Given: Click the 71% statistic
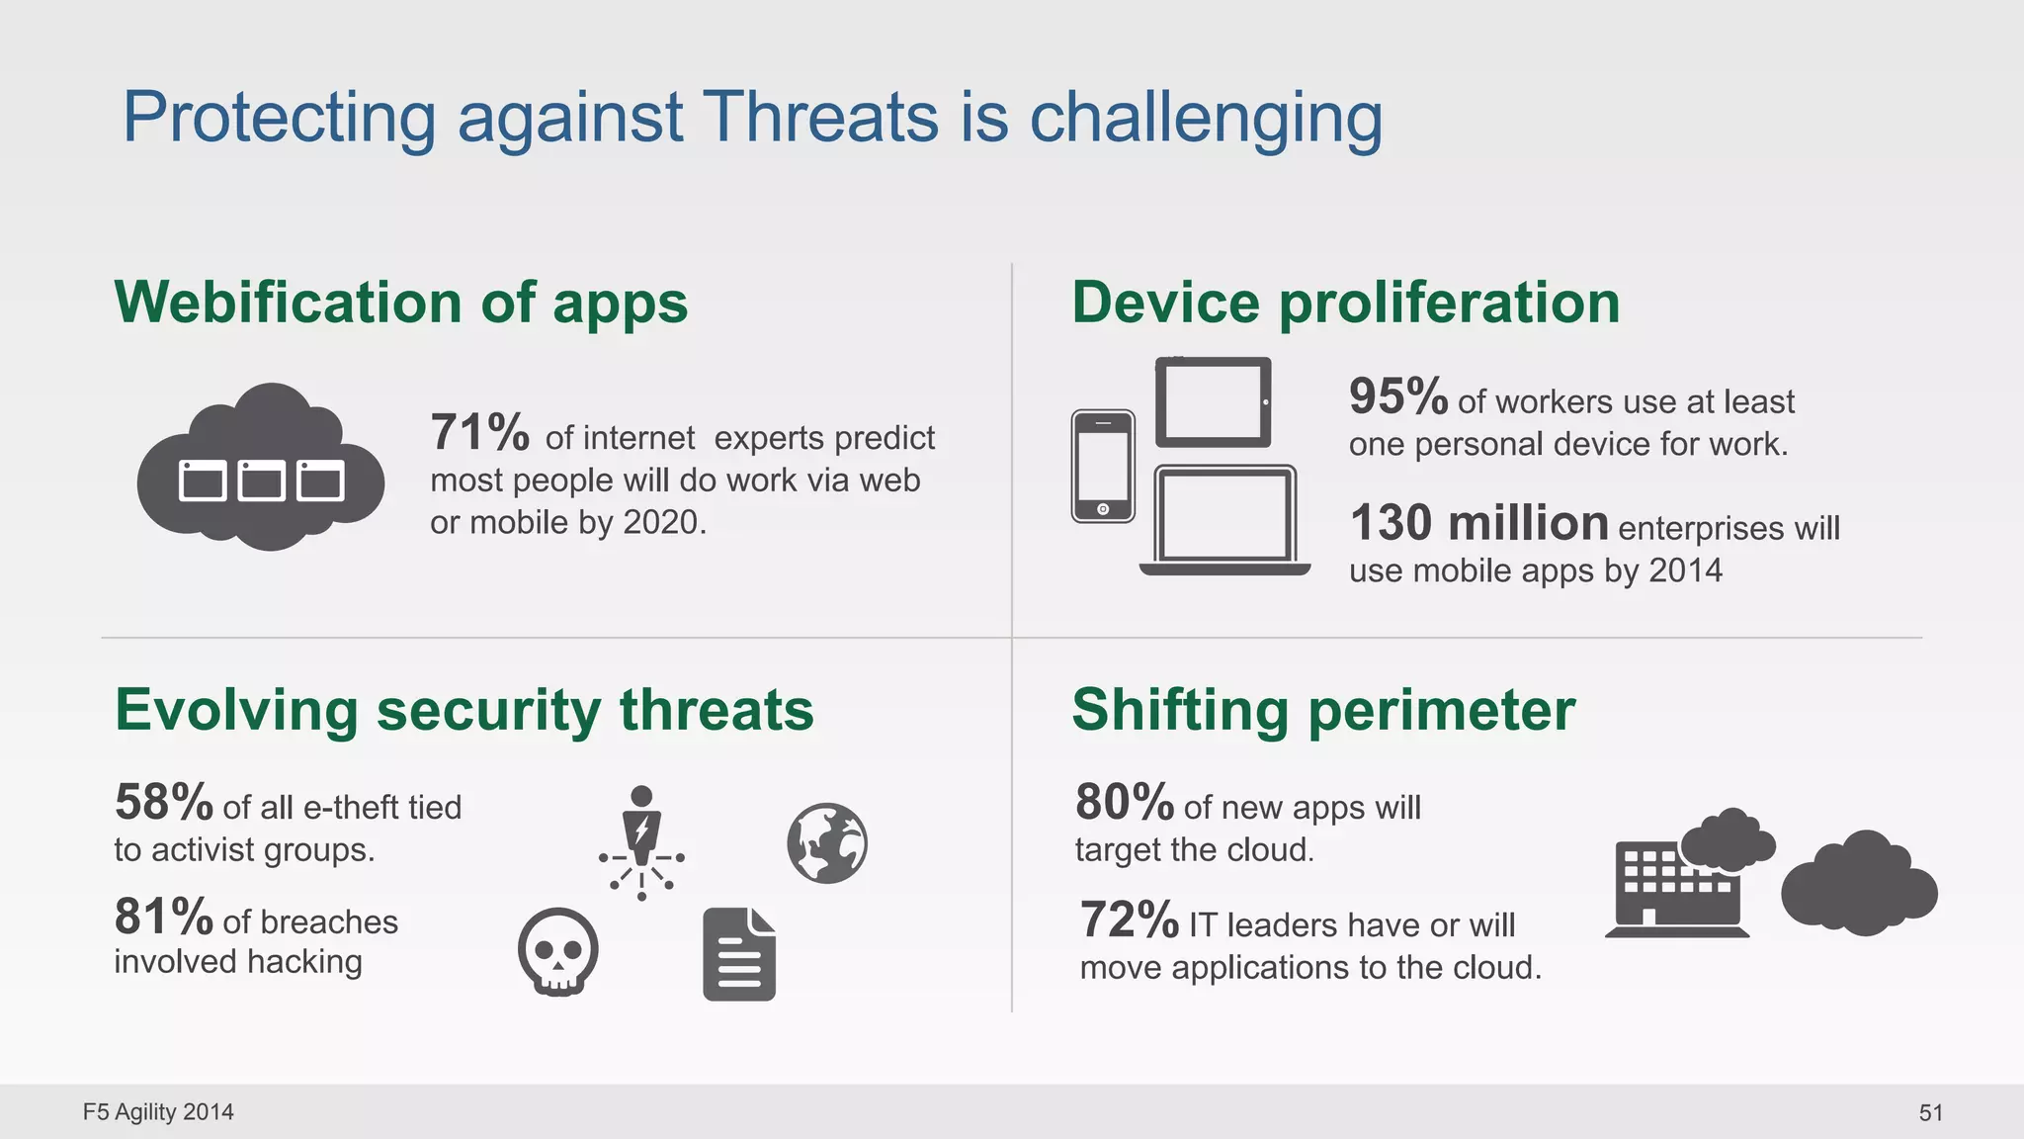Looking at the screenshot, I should (x=479, y=433).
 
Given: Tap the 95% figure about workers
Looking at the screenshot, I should (x=1397, y=396).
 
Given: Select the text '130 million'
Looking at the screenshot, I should (x=1478, y=523).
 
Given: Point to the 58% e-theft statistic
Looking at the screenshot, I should (x=163, y=802).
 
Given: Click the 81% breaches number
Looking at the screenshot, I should (x=163, y=917).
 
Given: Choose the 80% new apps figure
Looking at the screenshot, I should (x=1124, y=802).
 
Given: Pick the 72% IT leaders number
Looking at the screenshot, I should (x=1129, y=920).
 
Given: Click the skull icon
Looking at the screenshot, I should (x=557, y=951).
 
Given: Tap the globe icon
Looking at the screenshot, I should (x=827, y=843).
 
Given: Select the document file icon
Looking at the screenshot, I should (x=739, y=955).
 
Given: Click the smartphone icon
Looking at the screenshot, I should (x=1103, y=466).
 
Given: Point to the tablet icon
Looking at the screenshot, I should (x=1214, y=401).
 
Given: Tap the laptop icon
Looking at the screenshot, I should (x=1225, y=521).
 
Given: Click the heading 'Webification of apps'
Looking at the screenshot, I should (x=400, y=302).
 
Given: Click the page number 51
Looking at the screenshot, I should (x=1930, y=1112).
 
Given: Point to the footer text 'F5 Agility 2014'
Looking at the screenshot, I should (x=158, y=1112).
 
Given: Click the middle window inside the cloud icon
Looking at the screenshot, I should (x=261, y=481).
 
